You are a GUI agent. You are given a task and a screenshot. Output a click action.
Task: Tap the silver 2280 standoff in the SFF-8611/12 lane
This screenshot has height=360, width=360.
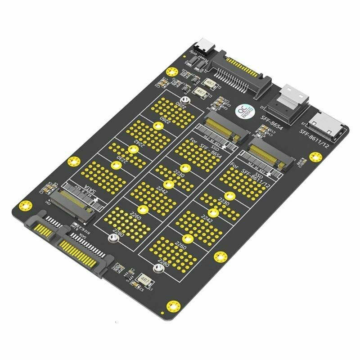pyautogui.click(x=157, y=269)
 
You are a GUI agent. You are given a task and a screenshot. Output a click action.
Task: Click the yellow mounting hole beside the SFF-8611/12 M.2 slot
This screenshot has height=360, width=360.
pyautogui.click(x=315, y=157)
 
